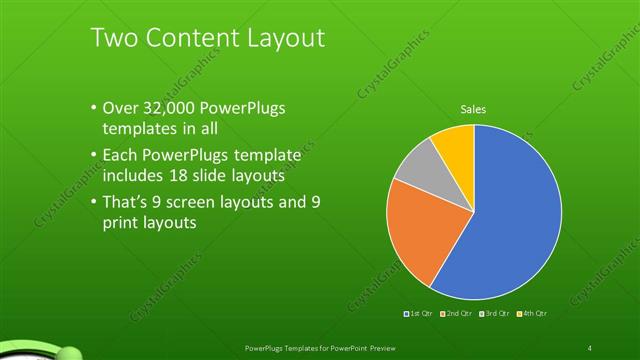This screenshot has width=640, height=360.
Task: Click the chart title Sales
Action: pyautogui.click(x=473, y=108)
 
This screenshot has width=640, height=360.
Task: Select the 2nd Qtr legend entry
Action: pyautogui.click(x=458, y=314)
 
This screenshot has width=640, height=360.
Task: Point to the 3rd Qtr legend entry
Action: pyautogui.click(x=496, y=314)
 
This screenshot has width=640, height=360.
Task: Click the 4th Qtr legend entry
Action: pyautogui.click(x=533, y=314)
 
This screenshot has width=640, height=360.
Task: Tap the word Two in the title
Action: pyautogui.click(x=113, y=38)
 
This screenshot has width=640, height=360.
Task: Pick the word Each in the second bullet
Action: pyautogui.click(x=122, y=155)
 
